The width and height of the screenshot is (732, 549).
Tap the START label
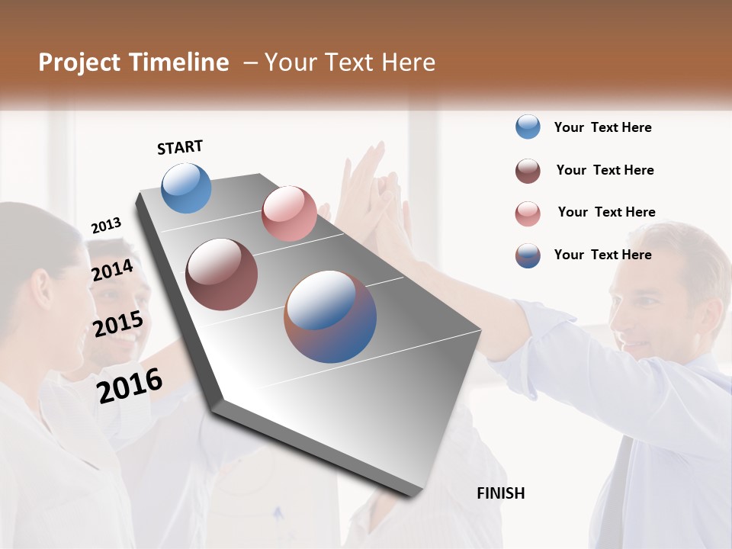180,147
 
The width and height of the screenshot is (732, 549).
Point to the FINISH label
501,493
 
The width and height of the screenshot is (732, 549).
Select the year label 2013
106,226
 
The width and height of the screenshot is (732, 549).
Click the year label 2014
112,271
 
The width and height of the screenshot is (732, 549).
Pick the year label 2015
117,325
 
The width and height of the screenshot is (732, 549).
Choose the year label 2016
130,386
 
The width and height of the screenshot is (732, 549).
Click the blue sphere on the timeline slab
187,188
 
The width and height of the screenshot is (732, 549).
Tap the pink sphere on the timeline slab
289,213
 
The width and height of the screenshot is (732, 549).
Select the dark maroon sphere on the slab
222,274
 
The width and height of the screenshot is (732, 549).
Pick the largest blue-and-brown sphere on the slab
330,316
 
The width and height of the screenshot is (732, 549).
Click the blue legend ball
528,127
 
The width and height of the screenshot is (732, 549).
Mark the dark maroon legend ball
528,171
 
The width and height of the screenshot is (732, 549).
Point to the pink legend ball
528,213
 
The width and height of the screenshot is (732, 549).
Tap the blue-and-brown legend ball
528,255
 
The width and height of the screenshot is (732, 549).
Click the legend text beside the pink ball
606,212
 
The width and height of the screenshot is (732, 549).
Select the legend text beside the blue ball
602,127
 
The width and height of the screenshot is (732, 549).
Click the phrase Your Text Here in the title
350,63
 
